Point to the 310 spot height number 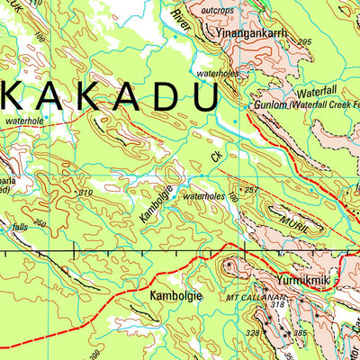click(x=86, y=193)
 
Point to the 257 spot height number click(x=251, y=190)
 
